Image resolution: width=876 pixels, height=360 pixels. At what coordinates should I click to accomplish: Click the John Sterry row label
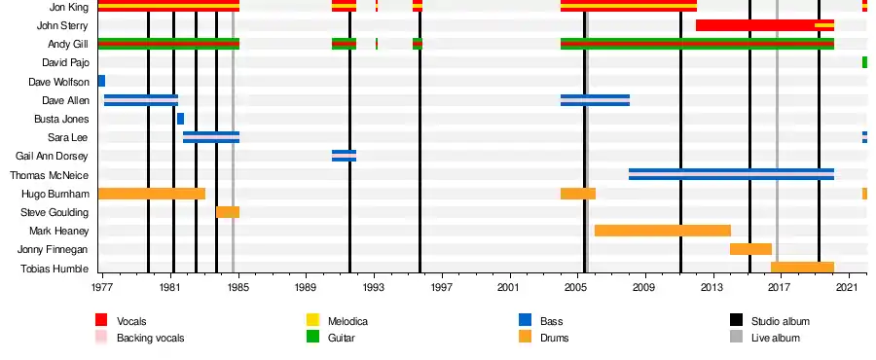click(x=62, y=25)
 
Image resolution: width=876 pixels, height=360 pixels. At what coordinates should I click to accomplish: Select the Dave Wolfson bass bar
click(x=101, y=81)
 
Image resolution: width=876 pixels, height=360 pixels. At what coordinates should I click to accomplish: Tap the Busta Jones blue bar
click(x=180, y=119)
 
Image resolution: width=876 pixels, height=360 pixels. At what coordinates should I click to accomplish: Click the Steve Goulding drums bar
click(x=228, y=212)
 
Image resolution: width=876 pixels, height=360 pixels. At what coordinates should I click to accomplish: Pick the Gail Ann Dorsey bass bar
click(x=345, y=156)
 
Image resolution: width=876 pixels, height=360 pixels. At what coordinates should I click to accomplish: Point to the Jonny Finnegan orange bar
click(x=750, y=249)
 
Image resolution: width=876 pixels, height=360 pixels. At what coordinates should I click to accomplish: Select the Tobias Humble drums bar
click(x=803, y=268)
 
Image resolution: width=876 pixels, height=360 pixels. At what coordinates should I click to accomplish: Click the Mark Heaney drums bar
click(x=663, y=231)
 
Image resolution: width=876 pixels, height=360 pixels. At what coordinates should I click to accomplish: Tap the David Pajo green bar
click(x=865, y=62)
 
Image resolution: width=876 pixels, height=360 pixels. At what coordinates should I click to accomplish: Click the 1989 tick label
click(x=307, y=288)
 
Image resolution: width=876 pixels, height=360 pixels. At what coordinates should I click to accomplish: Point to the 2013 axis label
click(x=712, y=288)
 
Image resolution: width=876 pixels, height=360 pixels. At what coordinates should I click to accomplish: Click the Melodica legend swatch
click(x=312, y=320)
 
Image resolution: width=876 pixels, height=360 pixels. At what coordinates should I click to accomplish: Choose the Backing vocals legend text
click(x=150, y=338)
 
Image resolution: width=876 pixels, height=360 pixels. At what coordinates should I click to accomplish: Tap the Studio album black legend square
click(x=737, y=320)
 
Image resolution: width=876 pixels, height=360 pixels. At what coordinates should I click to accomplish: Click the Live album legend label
click(x=776, y=338)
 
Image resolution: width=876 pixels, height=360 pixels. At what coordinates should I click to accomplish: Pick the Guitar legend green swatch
click(x=312, y=337)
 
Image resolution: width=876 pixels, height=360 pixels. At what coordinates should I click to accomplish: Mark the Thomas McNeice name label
click(x=50, y=175)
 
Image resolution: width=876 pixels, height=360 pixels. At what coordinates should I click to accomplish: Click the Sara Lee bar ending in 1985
click(x=211, y=137)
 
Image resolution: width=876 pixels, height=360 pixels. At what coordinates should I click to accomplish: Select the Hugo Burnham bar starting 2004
click(x=578, y=193)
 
